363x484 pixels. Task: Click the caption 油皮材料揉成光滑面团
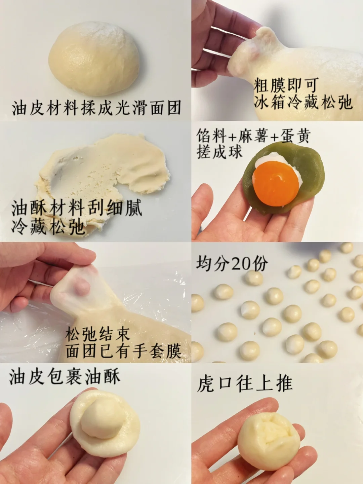pyautogui.click(x=96, y=108)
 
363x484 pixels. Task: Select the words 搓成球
pyautogui.click(x=219, y=152)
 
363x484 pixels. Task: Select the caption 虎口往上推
pyautogui.click(x=245, y=384)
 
